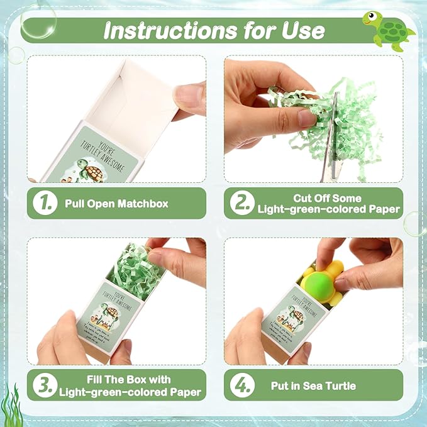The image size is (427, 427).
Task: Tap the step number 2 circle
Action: [241, 203]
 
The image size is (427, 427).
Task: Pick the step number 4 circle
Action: [241, 385]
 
